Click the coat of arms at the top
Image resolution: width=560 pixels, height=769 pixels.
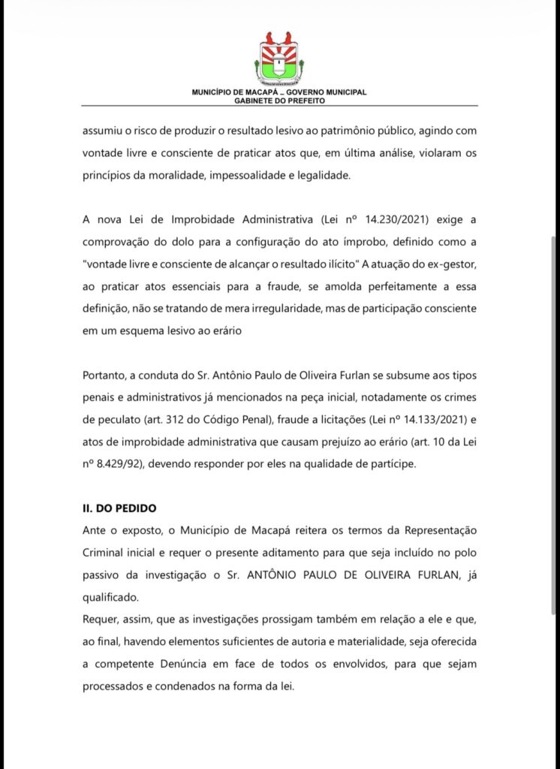pos(279,59)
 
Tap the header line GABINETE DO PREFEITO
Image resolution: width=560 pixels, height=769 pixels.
pos(279,100)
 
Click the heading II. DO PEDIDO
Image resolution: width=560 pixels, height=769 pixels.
pos(120,508)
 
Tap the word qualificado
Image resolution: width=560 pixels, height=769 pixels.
pos(111,598)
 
